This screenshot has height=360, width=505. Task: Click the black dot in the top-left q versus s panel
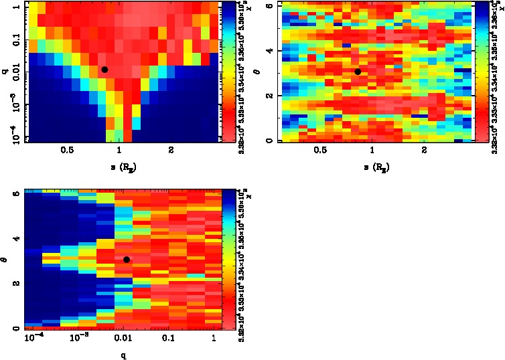click(104, 70)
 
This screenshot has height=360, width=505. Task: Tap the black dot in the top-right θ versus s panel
click(358, 72)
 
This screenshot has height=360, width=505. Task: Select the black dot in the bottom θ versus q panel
click(127, 260)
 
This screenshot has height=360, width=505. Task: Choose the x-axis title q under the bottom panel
click(125, 355)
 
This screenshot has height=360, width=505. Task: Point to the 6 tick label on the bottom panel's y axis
click(16, 194)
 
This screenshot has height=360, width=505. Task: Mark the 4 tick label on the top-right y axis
click(269, 51)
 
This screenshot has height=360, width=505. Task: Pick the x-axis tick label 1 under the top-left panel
click(119, 151)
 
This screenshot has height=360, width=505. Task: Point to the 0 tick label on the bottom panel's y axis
click(16, 329)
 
